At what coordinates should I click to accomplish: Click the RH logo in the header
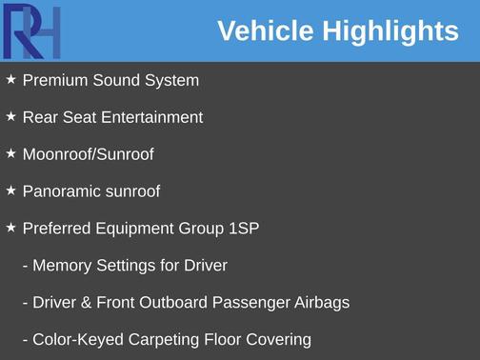click(x=31, y=31)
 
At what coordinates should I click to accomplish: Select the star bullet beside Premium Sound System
click(x=11, y=80)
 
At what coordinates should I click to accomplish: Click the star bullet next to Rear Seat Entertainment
click(x=11, y=117)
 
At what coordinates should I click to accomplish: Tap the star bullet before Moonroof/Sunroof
click(x=11, y=153)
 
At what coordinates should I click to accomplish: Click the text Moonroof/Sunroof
click(x=88, y=154)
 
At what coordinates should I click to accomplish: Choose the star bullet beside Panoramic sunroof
click(x=11, y=190)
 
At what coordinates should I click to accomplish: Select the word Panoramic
click(x=60, y=191)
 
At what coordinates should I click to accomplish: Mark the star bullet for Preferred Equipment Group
click(x=11, y=228)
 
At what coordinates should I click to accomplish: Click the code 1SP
click(x=243, y=229)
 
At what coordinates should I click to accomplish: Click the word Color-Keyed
click(x=74, y=340)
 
